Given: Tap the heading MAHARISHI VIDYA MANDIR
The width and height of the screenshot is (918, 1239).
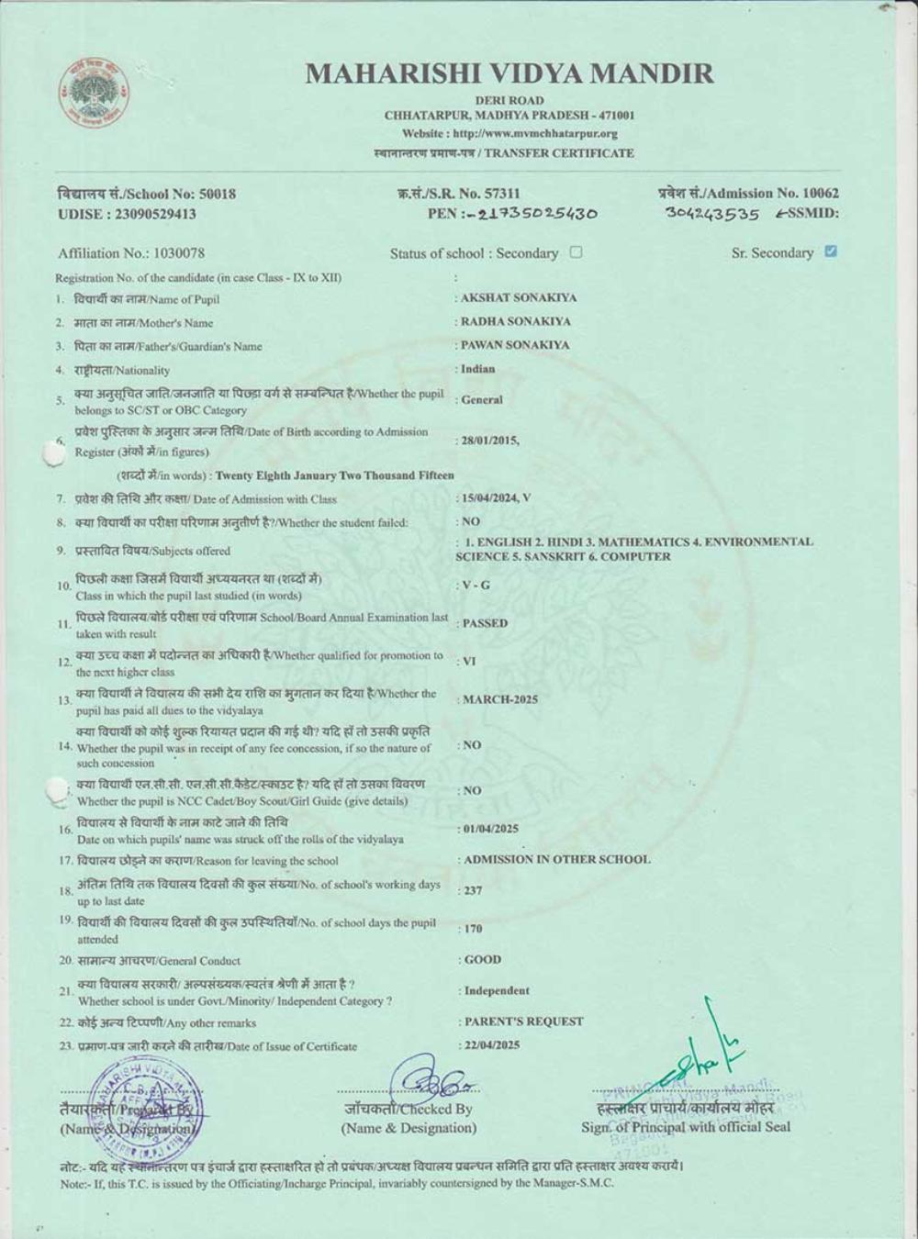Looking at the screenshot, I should (509, 73).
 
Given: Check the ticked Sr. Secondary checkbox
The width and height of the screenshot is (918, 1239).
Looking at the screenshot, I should (831, 251).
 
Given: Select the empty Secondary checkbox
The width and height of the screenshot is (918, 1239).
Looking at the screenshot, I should (576, 252).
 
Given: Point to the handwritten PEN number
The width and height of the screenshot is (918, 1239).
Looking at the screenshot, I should (538, 214).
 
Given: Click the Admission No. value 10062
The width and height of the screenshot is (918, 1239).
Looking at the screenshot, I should (821, 193).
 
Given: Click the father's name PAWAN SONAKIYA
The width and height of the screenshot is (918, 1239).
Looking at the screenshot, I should (515, 345).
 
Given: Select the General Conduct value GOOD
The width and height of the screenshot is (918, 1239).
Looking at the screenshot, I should (483, 960).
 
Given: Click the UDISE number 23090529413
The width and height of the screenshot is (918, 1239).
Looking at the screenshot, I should (156, 214).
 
